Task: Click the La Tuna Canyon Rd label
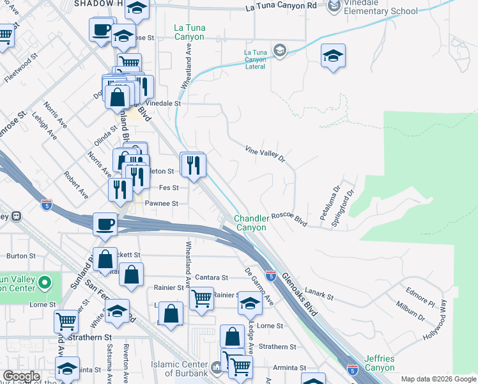click(281, 7)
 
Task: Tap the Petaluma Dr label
click(328, 204)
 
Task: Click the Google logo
click(22, 376)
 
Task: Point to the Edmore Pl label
click(419, 296)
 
